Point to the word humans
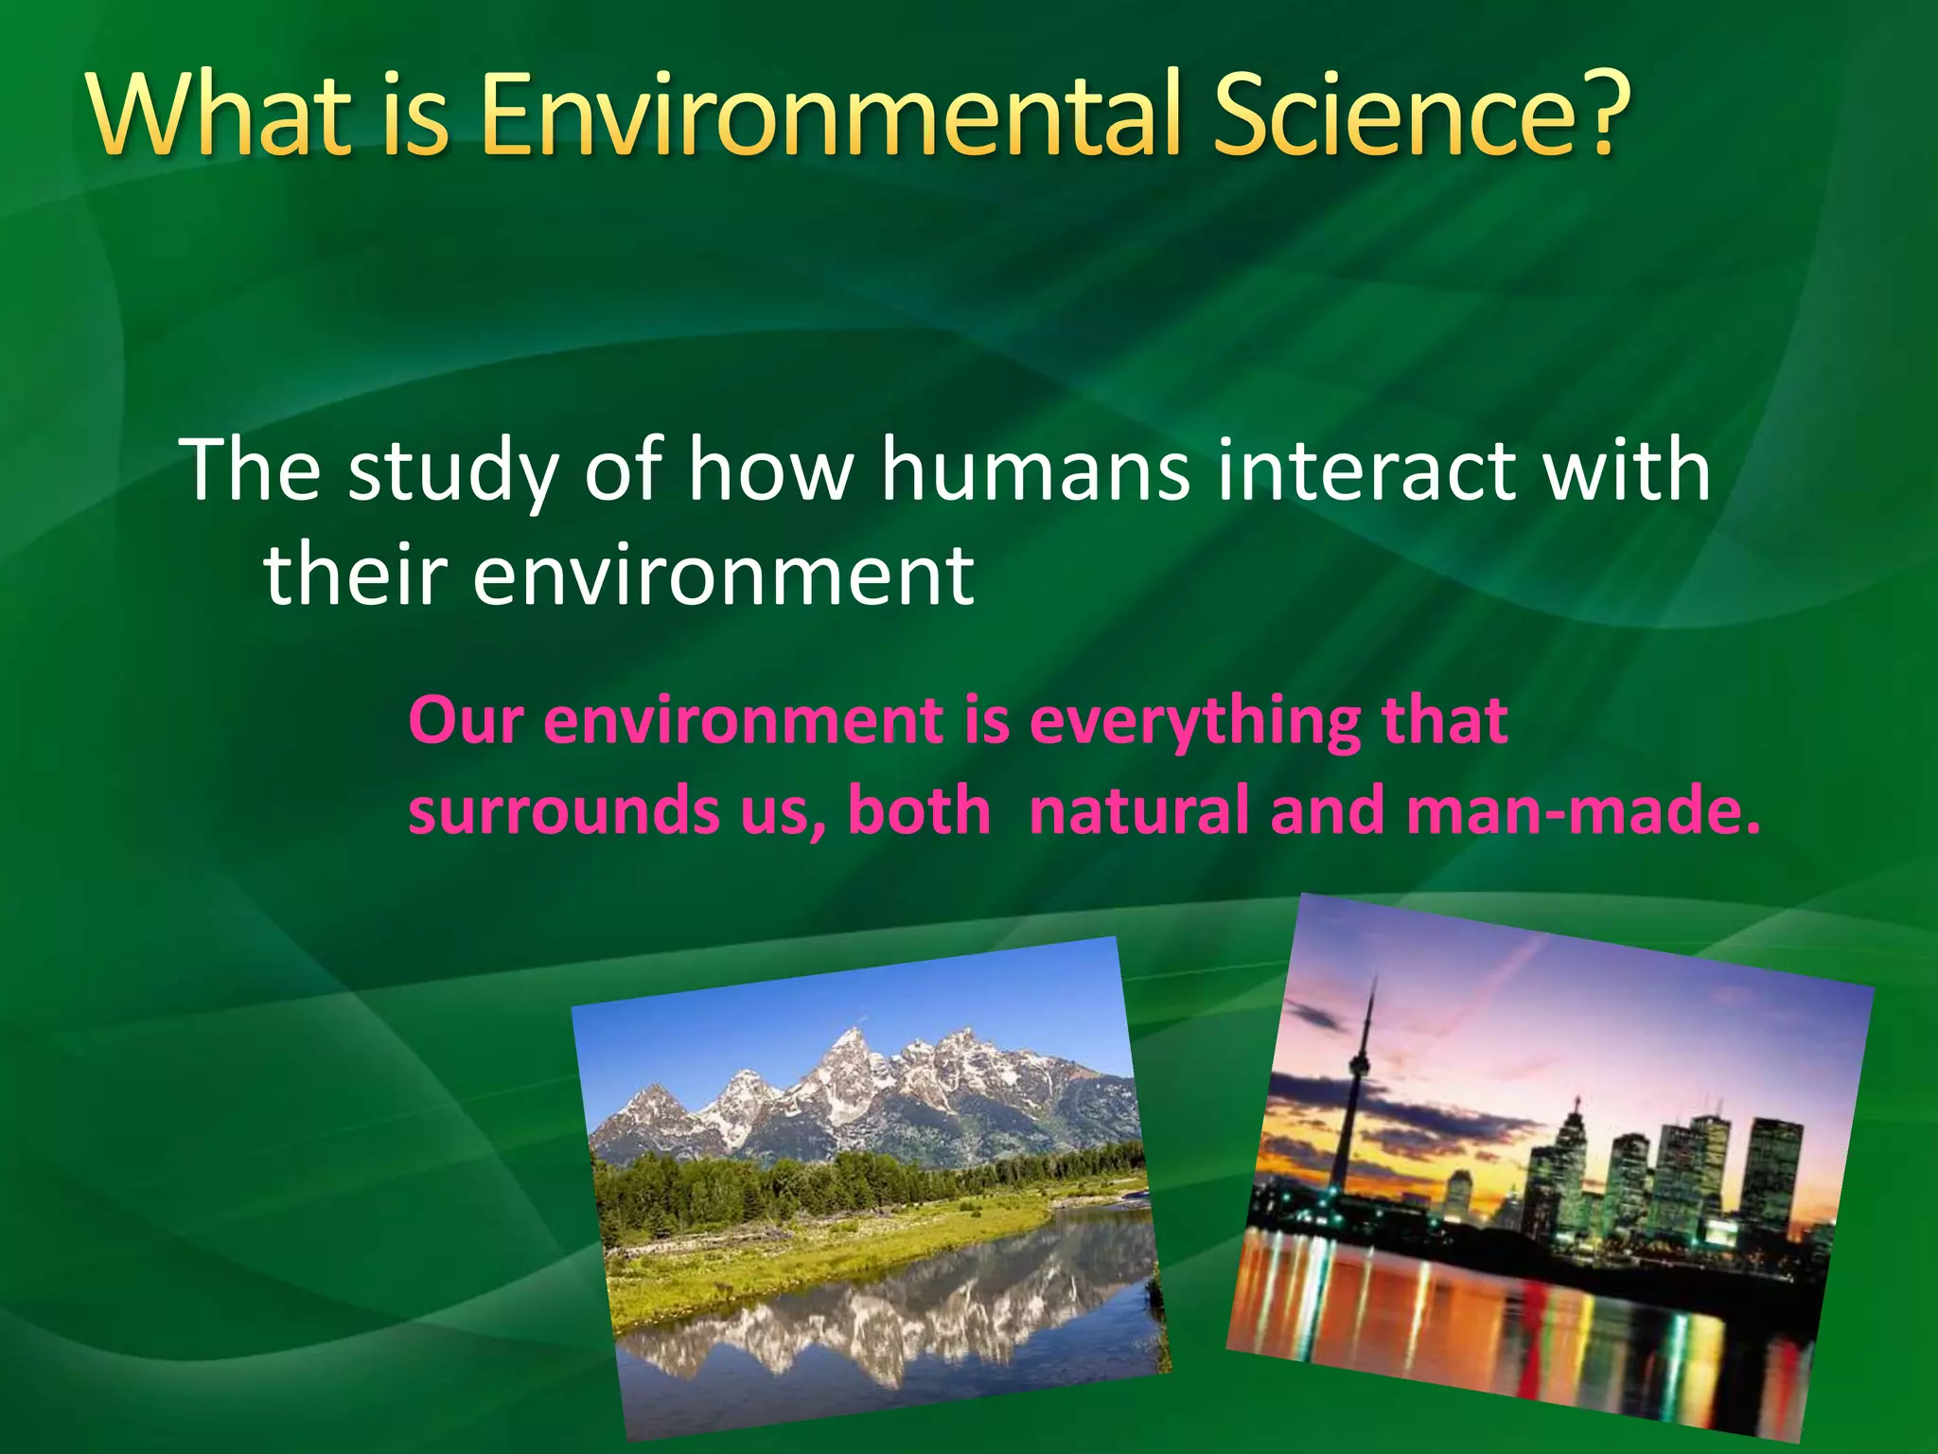coord(1035,470)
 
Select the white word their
coord(355,575)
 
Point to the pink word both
coord(918,811)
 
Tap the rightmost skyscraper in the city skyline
coord(1771,1174)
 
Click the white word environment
coord(723,575)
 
